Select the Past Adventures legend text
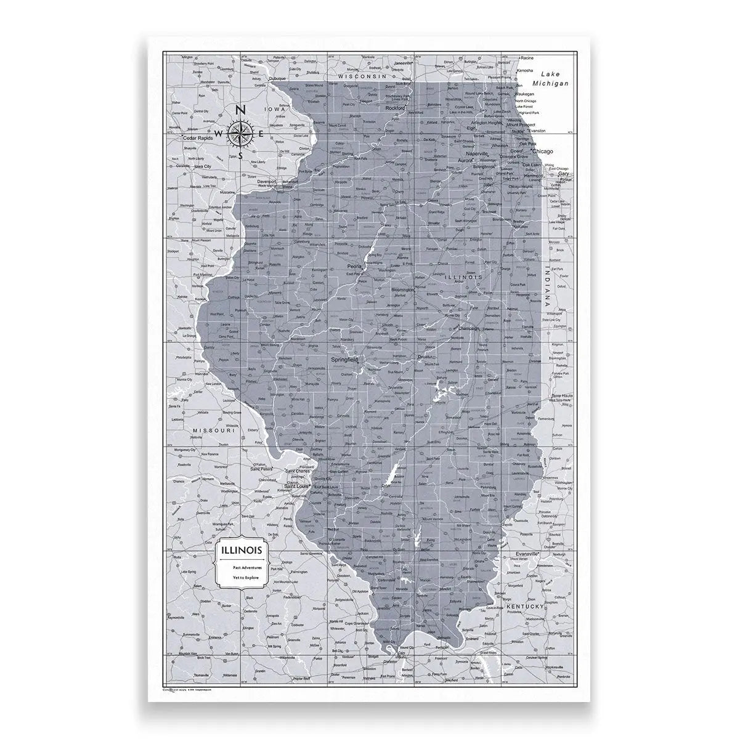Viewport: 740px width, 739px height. [245, 567]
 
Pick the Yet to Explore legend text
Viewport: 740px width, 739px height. [245, 579]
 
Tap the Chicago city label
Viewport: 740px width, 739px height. [543, 151]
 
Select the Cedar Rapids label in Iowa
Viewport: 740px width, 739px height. [197, 138]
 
